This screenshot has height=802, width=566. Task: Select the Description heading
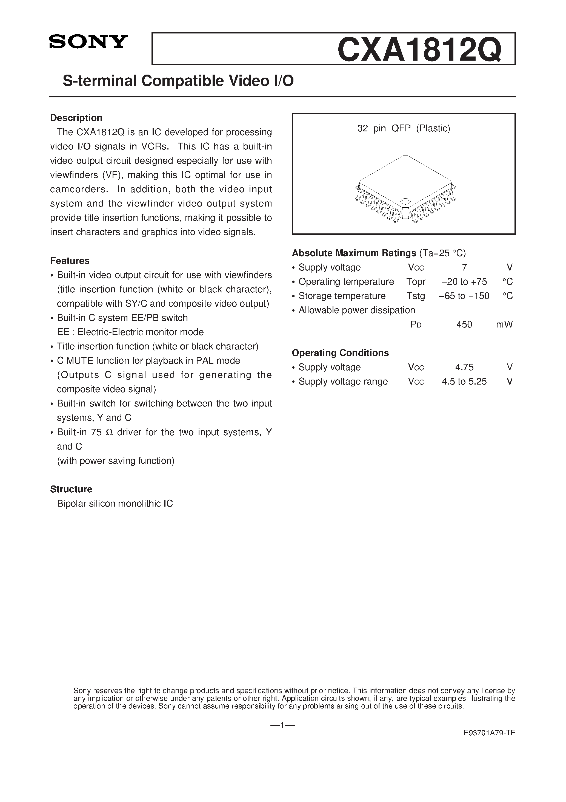(x=76, y=118)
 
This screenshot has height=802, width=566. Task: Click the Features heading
(x=70, y=261)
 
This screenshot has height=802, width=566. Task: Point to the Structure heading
(x=71, y=489)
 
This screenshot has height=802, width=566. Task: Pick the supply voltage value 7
(x=464, y=268)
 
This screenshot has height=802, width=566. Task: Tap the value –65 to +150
(x=464, y=296)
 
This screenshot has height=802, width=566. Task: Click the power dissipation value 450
(x=464, y=324)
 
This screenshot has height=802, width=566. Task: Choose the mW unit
(x=504, y=324)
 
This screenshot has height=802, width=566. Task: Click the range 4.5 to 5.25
(x=464, y=382)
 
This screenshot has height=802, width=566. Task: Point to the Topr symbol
(x=416, y=282)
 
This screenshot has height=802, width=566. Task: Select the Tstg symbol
(x=416, y=296)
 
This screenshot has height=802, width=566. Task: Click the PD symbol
(x=416, y=324)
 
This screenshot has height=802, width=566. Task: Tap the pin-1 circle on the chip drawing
(x=405, y=201)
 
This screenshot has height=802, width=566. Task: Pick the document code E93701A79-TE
(x=489, y=743)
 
